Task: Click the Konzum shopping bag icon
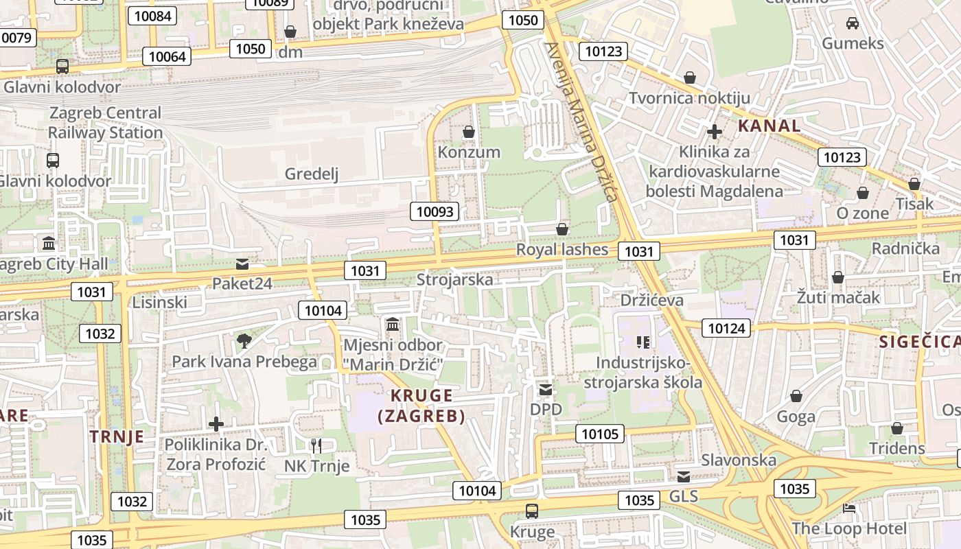(469, 131)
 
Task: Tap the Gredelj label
(312, 174)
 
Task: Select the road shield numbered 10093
(435, 211)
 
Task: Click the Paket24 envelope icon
(242, 264)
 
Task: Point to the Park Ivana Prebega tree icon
(244, 340)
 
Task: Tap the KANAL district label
(769, 126)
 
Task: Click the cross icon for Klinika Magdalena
(714, 131)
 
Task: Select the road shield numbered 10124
(726, 328)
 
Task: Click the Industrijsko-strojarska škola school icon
(642, 342)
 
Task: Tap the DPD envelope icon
(546, 390)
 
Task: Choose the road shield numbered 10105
(600, 433)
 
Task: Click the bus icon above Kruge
(532, 511)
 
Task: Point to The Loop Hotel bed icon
(849, 509)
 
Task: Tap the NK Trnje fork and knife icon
(316, 445)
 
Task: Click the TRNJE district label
(117, 436)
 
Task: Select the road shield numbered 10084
(152, 15)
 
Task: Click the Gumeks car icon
(853, 23)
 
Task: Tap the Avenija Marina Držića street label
(580, 121)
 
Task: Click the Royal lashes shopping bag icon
(562, 229)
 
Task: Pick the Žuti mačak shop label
(837, 298)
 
